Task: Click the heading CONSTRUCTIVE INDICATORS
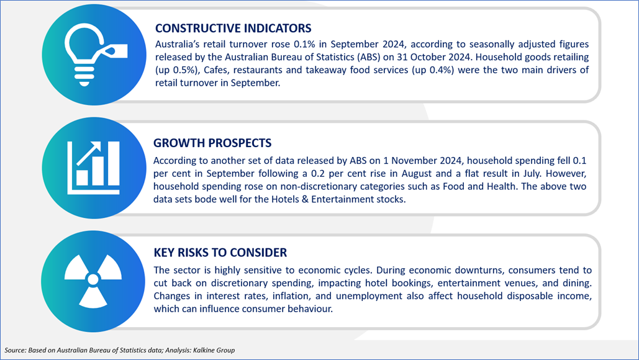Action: coord(233,28)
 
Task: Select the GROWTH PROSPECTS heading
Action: coord(212,143)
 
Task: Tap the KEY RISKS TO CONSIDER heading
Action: coord(220,253)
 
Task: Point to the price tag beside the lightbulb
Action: coord(116,51)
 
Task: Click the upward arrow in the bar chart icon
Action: coord(89,153)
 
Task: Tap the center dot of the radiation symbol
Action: coord(93,279)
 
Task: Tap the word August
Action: coord(416,174)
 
